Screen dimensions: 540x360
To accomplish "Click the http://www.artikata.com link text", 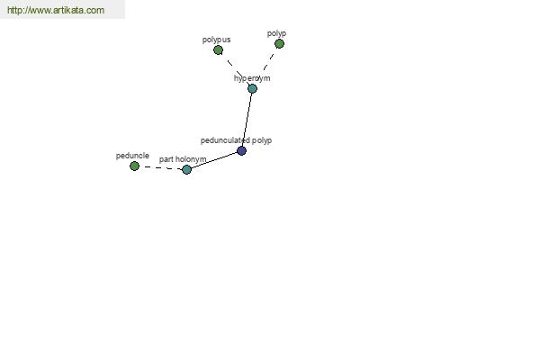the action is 56,10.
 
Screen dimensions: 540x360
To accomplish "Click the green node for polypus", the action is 218,50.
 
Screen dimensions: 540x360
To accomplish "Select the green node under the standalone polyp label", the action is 279,44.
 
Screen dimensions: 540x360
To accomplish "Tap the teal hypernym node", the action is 252,88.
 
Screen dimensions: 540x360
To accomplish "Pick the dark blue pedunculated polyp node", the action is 242,151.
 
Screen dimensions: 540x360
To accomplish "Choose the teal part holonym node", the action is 186,169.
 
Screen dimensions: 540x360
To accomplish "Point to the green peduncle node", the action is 134,166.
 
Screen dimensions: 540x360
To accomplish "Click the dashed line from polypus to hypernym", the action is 235,69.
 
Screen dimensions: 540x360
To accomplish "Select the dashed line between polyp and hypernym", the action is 268,63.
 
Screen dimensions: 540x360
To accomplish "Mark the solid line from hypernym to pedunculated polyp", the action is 247,120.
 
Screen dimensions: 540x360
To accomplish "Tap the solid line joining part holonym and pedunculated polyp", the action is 214,160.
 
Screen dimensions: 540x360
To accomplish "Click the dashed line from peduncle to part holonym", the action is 160,167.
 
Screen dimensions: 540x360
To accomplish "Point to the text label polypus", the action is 216,40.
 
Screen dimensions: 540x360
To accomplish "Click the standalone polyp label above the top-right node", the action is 276,33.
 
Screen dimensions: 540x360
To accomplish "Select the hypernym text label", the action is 252,78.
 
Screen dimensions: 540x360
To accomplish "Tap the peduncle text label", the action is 132,156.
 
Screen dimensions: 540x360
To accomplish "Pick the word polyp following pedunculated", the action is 262,140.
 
